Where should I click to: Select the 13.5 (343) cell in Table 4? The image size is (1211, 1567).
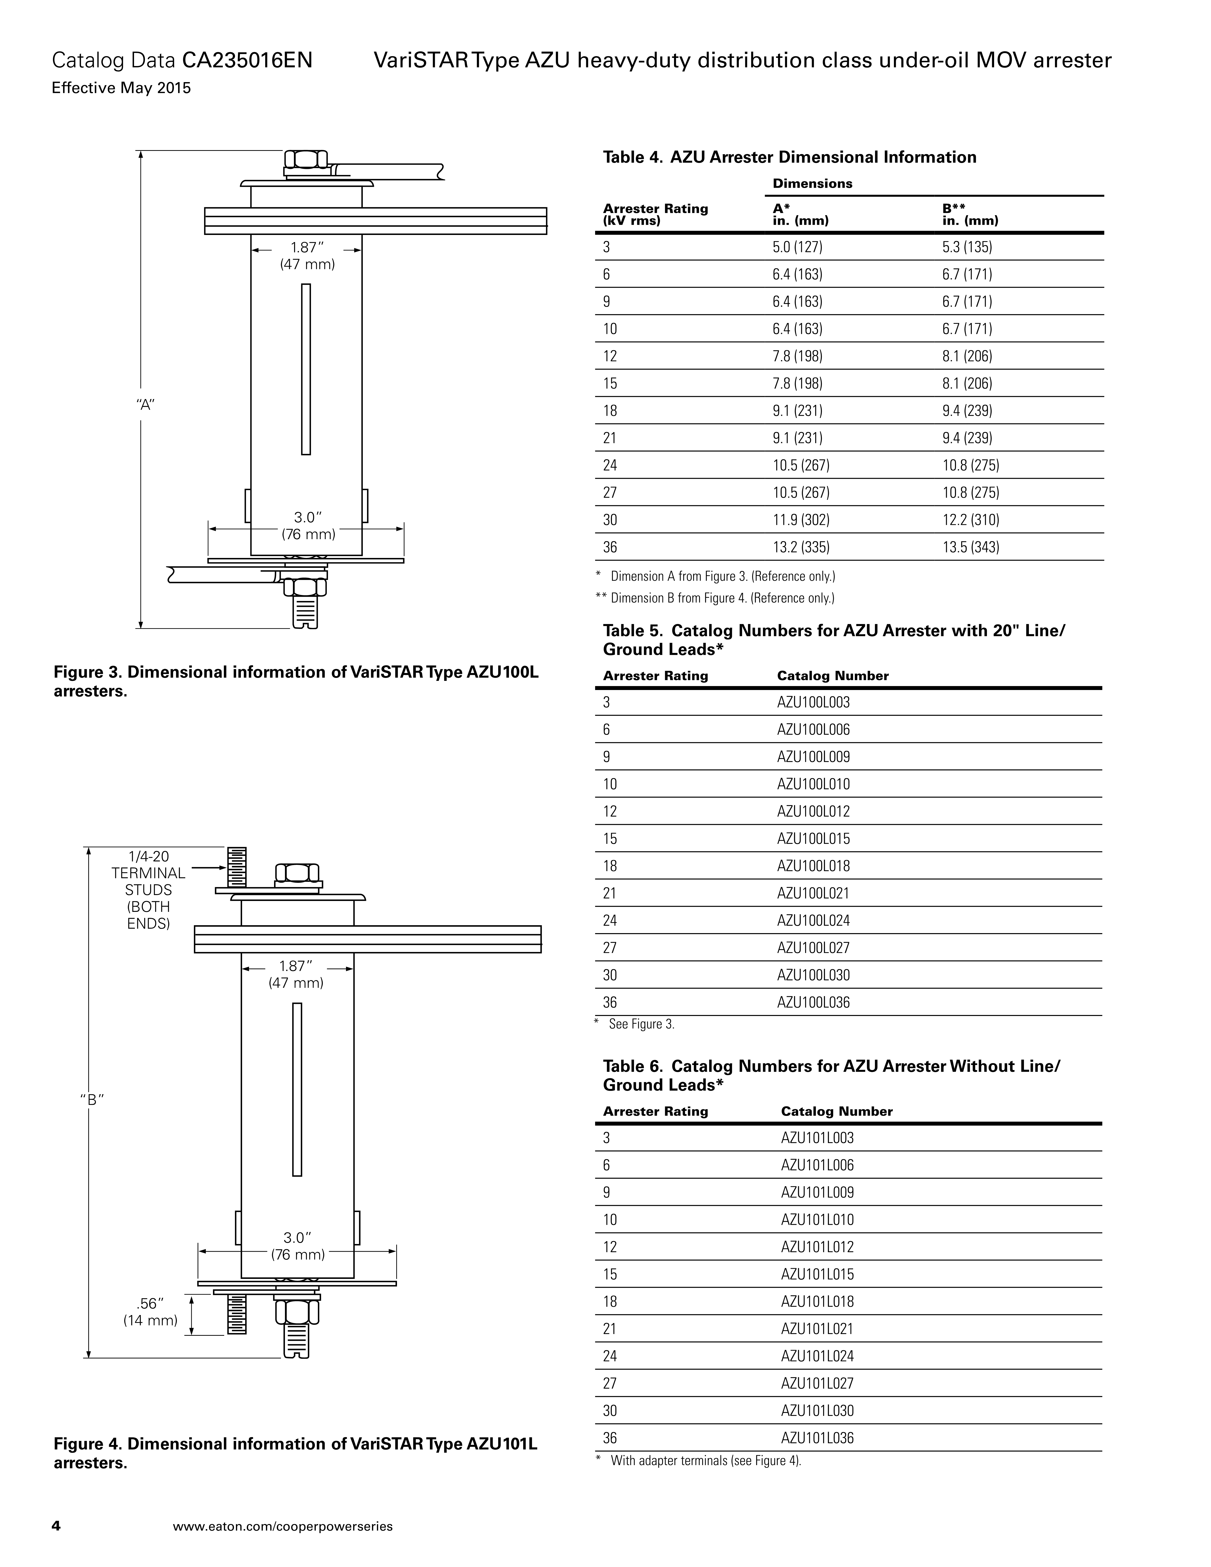[967, 548]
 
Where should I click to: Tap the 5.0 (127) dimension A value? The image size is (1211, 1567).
[797, 248]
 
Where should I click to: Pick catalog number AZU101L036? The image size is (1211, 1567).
[817, 1438]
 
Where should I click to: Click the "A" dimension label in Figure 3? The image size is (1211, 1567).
[146, 405]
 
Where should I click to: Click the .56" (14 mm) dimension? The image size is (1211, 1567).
[150, 1312]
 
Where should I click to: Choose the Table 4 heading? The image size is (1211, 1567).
[789, 157]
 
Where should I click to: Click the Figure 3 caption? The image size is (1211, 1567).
[296, 682]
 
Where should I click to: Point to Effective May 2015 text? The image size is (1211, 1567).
[121, 88]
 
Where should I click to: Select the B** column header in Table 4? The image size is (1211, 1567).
[970, 214]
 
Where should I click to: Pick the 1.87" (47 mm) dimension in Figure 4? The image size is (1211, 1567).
[296, 974]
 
